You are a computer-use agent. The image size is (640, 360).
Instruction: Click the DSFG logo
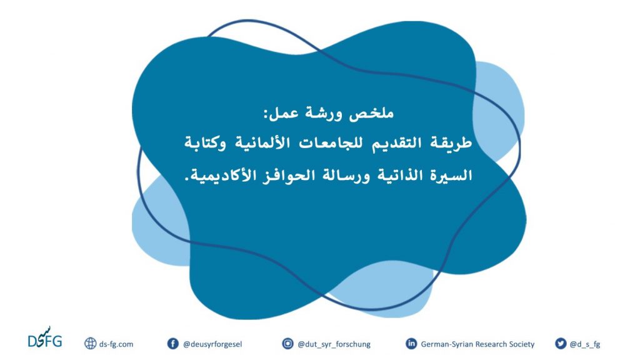(x=45, y=338)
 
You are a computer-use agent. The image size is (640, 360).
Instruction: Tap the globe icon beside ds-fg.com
(x=90, y=344)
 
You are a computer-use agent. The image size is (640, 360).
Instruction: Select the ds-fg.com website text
(x=116, y=344)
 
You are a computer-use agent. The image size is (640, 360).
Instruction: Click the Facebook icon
(x=173, y=344)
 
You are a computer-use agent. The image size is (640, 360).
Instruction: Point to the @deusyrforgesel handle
(x=212, y=344)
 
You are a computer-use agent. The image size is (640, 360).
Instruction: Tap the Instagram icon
(x=287, y=344)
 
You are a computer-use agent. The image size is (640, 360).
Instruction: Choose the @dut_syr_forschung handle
(x=334, y=344)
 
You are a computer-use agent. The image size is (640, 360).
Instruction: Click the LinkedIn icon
(x=411, y=344)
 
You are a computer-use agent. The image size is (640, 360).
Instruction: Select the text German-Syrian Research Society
(x=477, y=344)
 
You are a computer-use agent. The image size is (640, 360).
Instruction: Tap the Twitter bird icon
(x=561, y=344)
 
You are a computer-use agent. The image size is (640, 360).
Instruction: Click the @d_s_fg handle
(x=585, y=344)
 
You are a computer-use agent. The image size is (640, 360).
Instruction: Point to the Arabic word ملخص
(x=371, y=113)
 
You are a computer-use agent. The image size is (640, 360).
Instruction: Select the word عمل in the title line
(x=281, y=113)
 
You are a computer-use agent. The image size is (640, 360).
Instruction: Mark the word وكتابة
(x=205, y=143)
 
